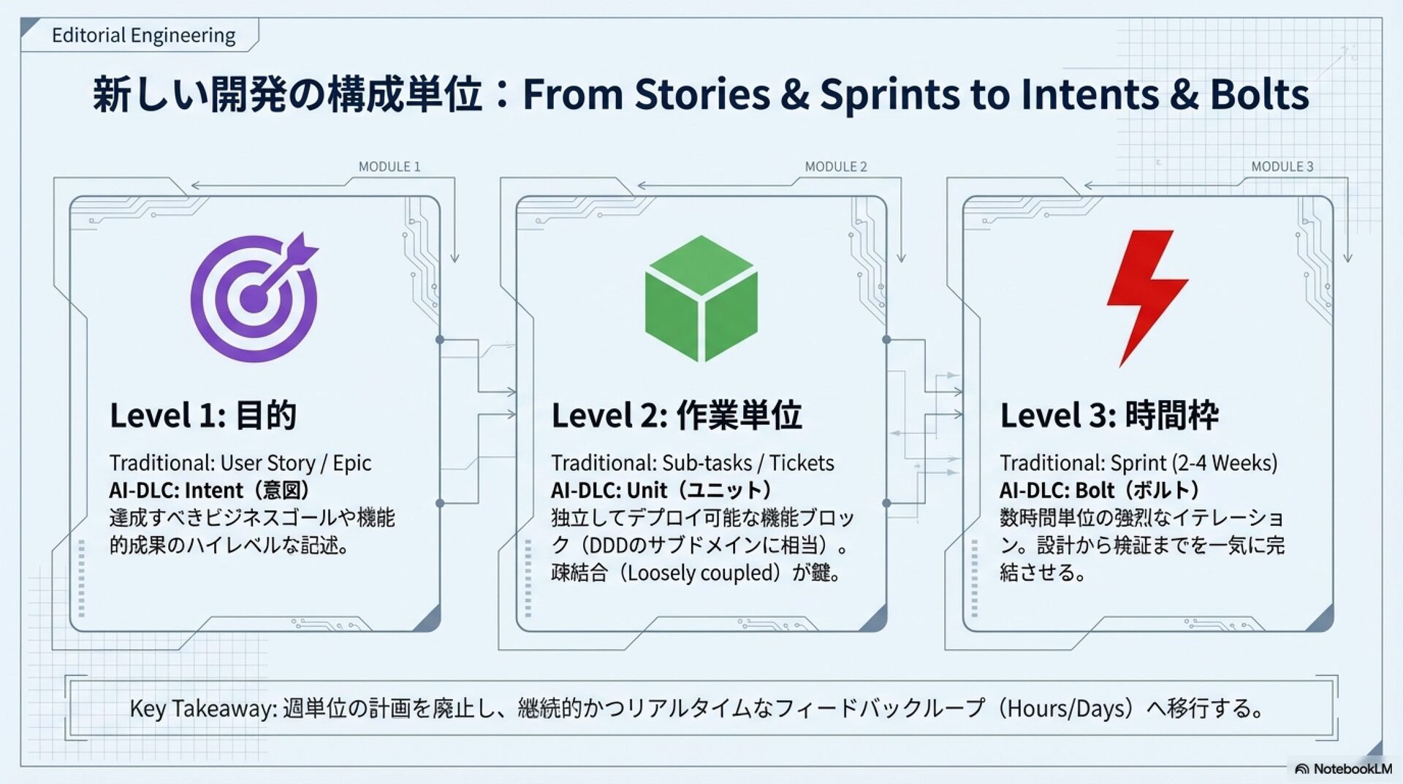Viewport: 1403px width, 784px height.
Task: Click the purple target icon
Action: click(x=254, y=298)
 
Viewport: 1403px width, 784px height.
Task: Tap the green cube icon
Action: click(x=701, y=298)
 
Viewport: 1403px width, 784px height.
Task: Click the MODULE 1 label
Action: click(x=389, y=167)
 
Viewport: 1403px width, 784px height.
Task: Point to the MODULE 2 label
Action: click(x=836, y=167)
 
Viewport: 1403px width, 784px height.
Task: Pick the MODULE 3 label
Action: click(x=1282, y=167)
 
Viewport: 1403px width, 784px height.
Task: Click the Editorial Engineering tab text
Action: click(x=143, y=35)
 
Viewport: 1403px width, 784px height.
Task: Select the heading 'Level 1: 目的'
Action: click(x=203, y=415)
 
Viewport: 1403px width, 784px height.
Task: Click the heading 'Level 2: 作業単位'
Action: click(x=677, y=415)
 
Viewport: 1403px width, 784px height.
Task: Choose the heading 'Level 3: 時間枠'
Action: click(x=1109, y=415)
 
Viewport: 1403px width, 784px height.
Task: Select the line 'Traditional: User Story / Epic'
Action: click(x=240, y=463)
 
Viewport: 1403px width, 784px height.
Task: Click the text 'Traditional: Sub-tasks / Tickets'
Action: click(x=693, y=463)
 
